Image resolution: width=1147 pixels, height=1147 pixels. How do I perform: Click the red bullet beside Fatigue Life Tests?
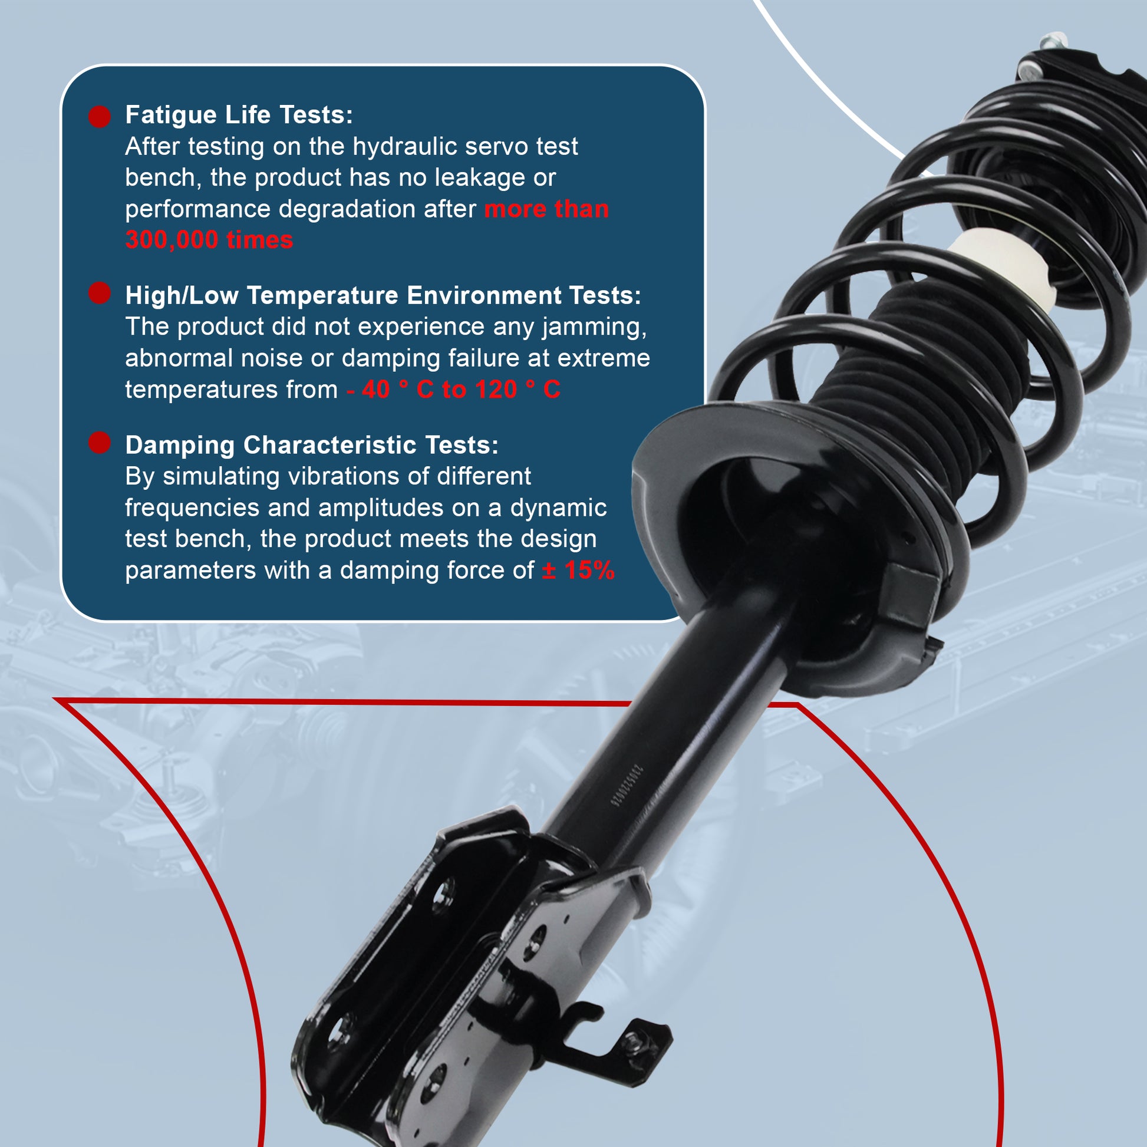pyautogui.click(x=100, y=116)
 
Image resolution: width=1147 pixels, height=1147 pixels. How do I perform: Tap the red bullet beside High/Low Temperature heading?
pyautogui.click(x=100, y=293)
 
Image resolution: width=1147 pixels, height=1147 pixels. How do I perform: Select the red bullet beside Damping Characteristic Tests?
pyautogui.click(x=100, y=442)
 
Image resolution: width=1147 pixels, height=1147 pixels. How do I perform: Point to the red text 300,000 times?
pyautogui.click(x=209, y=240)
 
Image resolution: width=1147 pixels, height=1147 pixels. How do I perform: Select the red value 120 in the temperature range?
pyautogui.click(x=496, y=390)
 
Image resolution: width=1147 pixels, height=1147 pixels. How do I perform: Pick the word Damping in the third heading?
pyautogui.click(x=180, y=445)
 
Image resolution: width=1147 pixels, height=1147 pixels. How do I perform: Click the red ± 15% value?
pyautogui.click(x=578, y=571)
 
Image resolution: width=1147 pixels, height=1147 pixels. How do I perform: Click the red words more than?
pyautogui.click(x=547, y=209)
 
